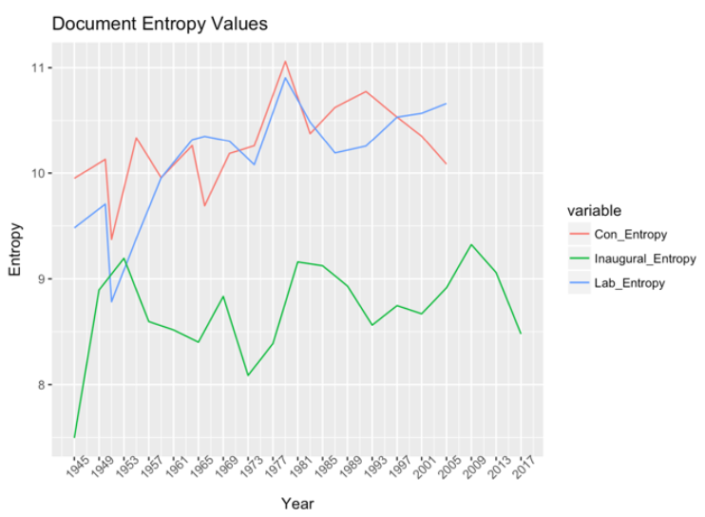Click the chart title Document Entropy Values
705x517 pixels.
coord(160,24)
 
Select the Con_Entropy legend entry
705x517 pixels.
coord(618,234)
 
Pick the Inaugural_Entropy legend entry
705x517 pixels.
coord(632,258)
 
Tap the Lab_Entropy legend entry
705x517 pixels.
coord(617,283)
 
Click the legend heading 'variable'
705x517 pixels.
coord(594,210)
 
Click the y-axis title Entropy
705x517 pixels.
coord(15,249)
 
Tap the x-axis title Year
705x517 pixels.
coord(297,504)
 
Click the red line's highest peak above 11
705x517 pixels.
coord(285,62)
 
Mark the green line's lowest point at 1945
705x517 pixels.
coord(74,437)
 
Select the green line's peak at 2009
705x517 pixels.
coord(470,244)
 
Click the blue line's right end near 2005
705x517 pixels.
coord(446,104)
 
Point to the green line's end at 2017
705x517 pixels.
coord(521,334)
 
